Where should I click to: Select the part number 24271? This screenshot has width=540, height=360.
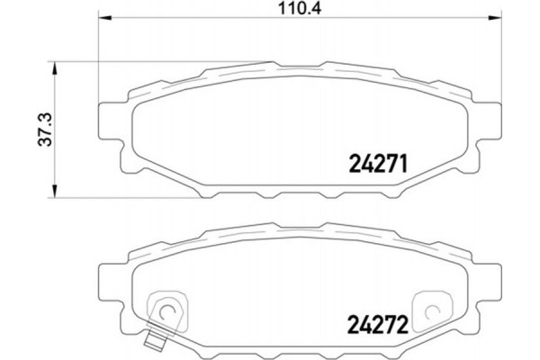coord(379,165)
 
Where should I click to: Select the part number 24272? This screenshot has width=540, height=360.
coord(379,319)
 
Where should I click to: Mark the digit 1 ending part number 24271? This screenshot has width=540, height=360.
coord(407,165)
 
